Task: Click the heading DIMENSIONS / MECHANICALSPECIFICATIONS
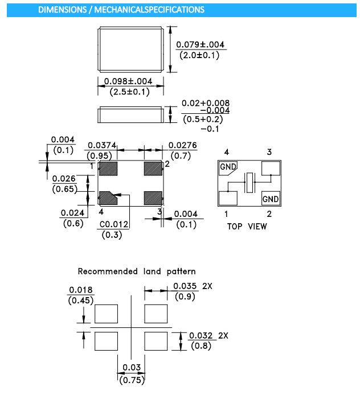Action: (121, 10)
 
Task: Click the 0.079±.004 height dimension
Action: (201, 44)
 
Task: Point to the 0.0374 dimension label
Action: (101, 146)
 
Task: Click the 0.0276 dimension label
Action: (182, 146)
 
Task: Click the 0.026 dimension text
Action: (63, 179)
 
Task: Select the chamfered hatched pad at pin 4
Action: (108, 198)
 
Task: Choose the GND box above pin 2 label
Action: (271, 199)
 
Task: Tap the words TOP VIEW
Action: (247, 226)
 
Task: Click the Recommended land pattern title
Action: (136, 272)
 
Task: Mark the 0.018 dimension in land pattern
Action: (81, 290)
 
